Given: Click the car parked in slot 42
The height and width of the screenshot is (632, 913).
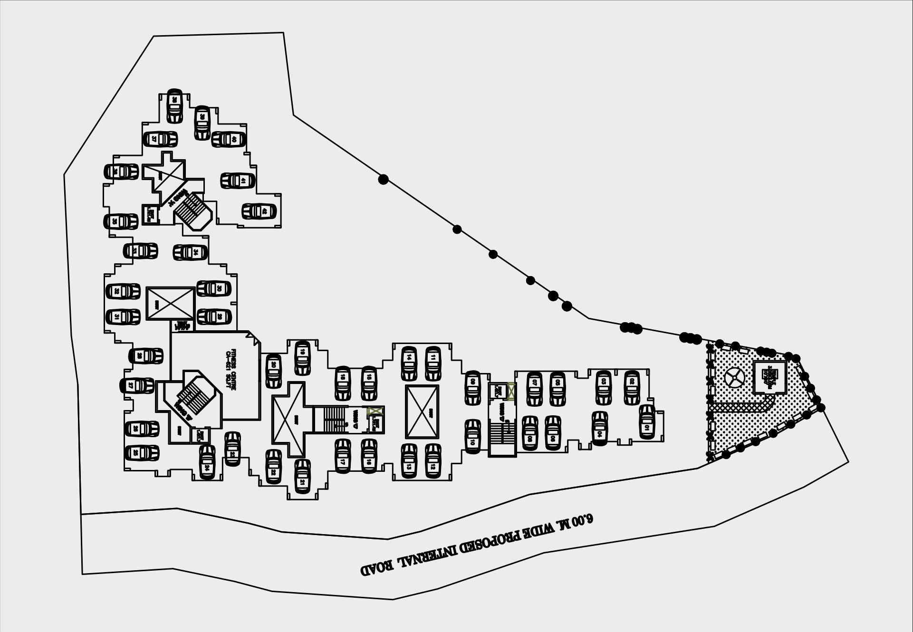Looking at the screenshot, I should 259,211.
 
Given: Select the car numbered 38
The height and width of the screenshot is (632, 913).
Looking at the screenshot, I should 174,105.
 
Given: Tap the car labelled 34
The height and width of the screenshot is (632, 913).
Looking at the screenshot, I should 190,252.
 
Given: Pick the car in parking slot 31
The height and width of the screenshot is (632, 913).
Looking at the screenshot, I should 123,317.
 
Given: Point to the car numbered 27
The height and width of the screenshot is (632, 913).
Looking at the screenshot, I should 137,385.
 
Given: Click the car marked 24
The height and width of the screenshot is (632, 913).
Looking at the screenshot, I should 207,462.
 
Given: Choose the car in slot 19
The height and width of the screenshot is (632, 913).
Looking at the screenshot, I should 302,357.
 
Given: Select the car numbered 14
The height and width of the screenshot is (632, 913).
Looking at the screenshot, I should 409,364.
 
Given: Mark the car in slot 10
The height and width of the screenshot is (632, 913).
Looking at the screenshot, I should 472,436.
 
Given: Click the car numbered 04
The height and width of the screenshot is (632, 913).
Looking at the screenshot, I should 600,428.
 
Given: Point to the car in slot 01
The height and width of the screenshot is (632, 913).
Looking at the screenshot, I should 646,422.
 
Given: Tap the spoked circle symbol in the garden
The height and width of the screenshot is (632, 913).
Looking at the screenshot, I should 735,378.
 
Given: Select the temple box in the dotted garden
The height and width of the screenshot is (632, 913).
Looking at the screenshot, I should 769,377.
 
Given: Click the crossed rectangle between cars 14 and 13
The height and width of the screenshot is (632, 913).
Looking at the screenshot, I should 422,412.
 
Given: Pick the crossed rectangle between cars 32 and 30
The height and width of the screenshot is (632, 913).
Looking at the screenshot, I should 170,303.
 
